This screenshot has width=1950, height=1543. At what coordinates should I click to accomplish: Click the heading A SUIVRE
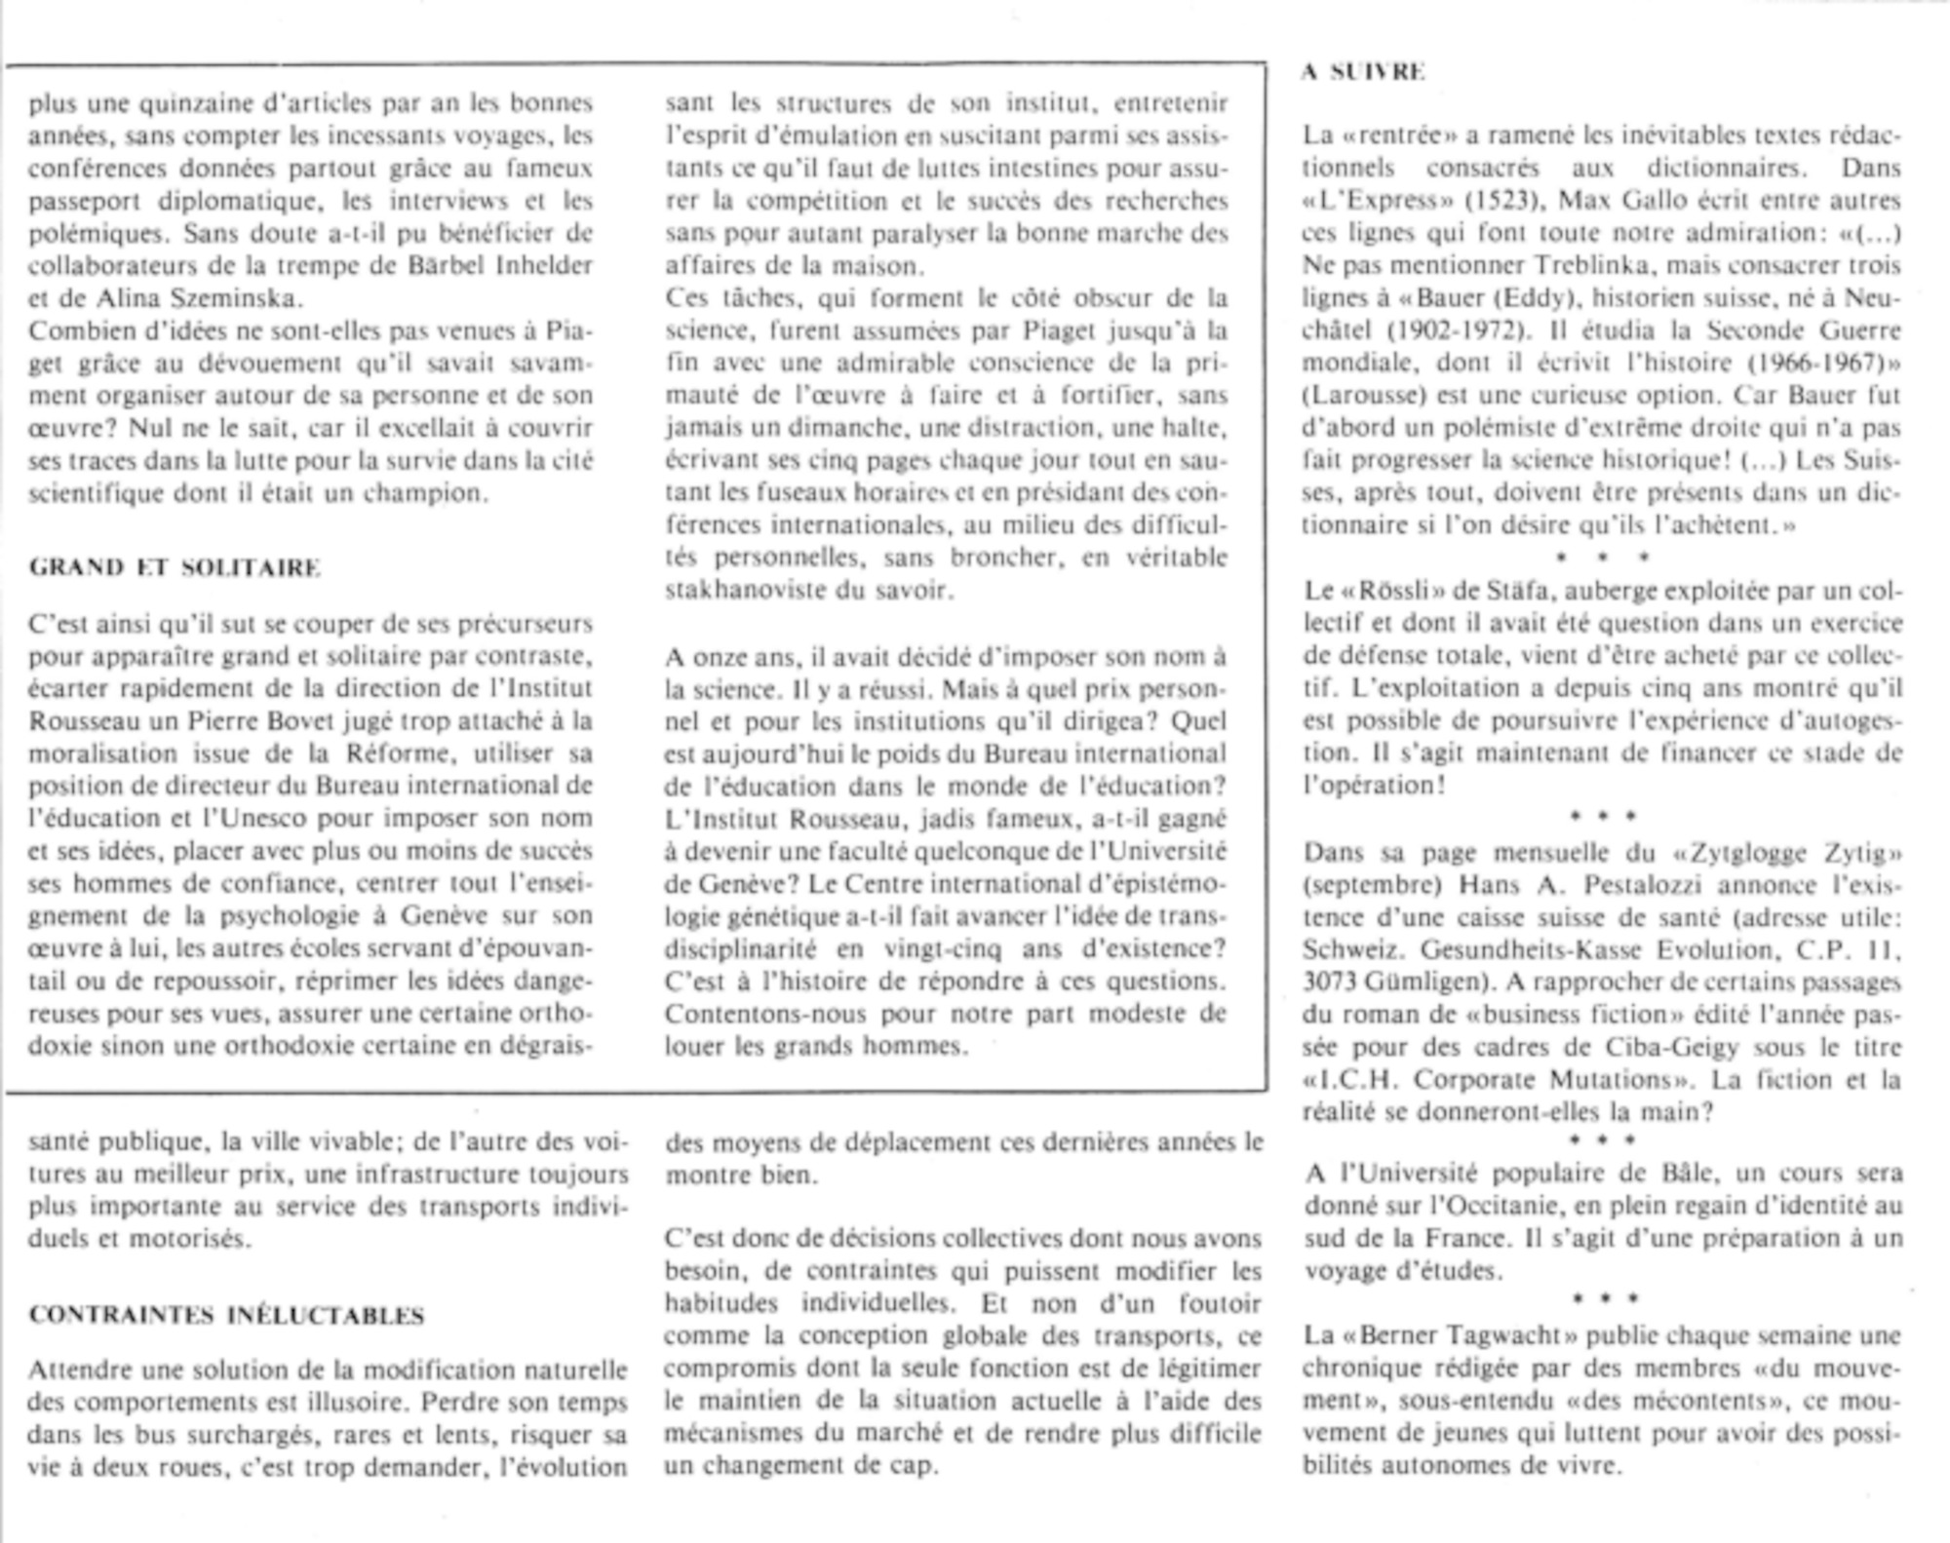pyautogui.click(x=1363, y=72)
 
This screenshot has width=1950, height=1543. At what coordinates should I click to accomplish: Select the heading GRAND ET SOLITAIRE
pyautogui.click(x=175, y=567)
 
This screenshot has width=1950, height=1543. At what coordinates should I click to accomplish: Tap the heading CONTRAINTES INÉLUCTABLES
pyautogui.click(x=226, y=1315)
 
